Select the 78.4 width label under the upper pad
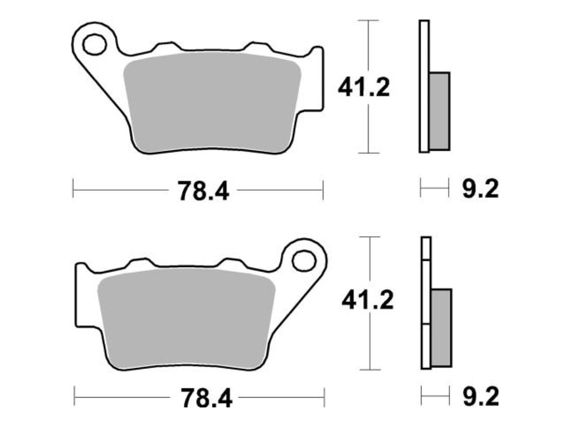coord(203,191)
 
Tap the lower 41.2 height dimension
coord(367,301)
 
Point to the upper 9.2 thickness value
coord(479,190)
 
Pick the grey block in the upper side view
coord(439,111)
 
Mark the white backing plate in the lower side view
coord(425,305)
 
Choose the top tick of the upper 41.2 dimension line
coord(368,21)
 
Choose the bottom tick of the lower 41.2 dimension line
coord(370,370)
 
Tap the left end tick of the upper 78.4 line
coord(73,189)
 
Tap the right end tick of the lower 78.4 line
coord(325,399)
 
